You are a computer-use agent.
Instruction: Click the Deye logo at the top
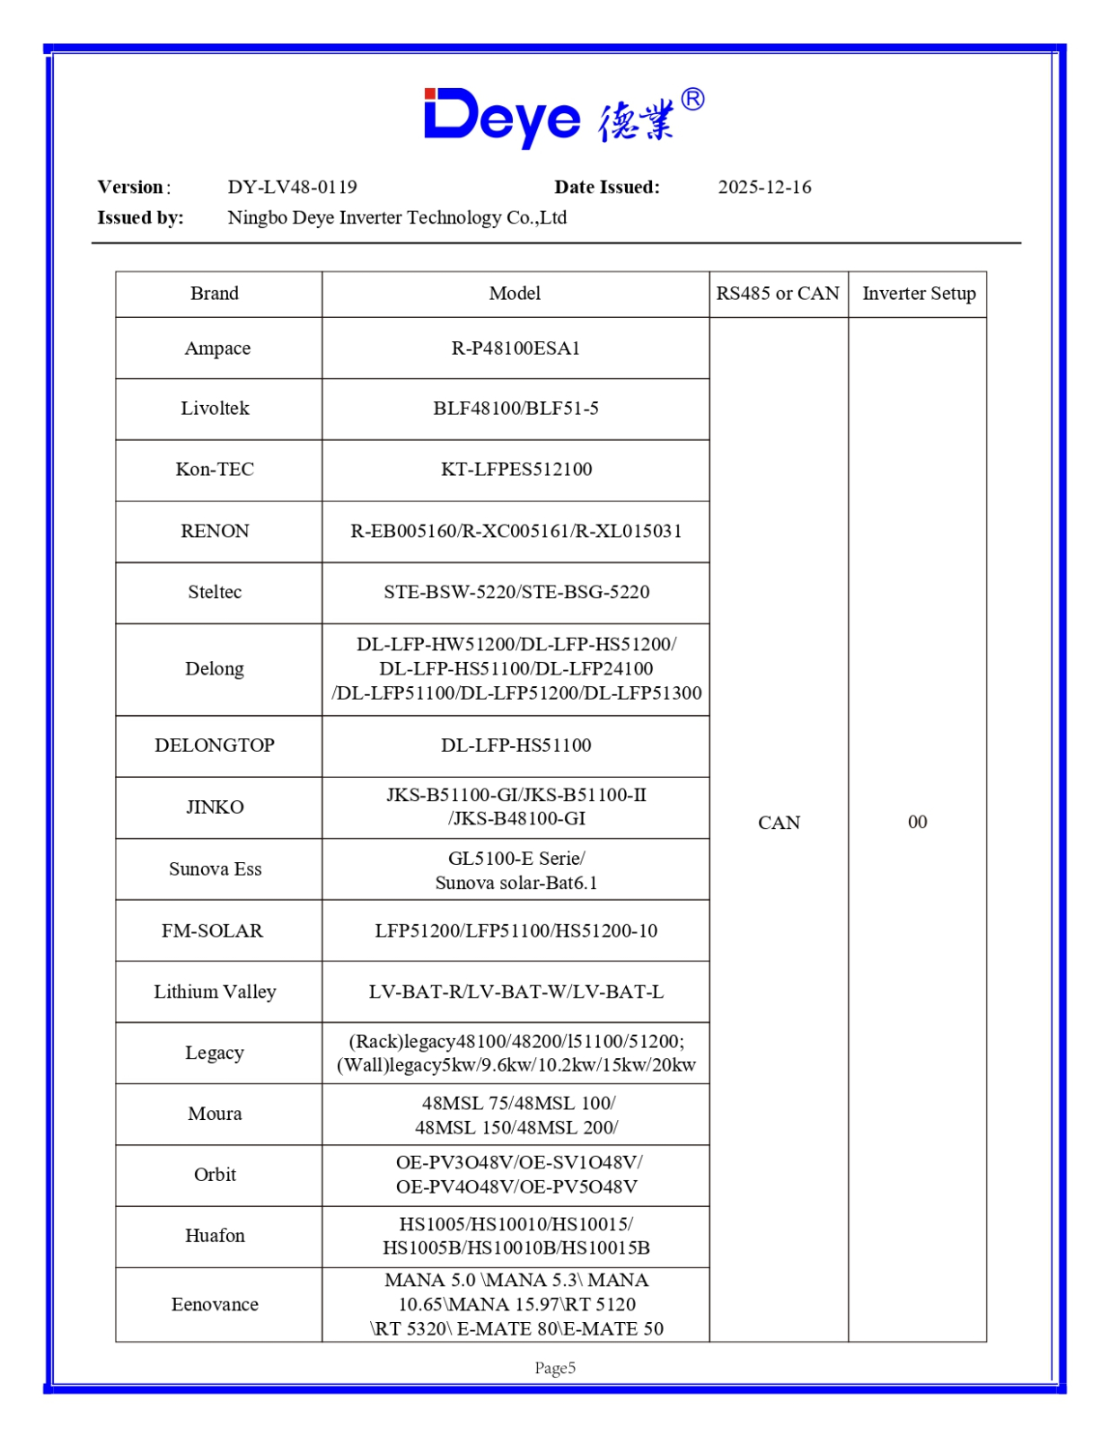pyautogui.click(x=563, y=117)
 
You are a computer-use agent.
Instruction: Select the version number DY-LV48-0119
pyautogui.click(x=292, y=187)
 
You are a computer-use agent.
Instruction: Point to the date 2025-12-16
pyautogui.click(x=764, y=187)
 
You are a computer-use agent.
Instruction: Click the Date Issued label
pyautogui.click(x=606, y=187)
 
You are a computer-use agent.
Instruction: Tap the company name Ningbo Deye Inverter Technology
pyautogui.click(x=397, y=217)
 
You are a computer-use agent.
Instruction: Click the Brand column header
pyautogui.click(x=215, y=294)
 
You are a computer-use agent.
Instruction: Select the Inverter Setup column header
pyautogui.click(x=918, y=294)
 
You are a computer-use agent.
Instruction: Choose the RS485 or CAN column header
pyautogui.click(x=778, y=294)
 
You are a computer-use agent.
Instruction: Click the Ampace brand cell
pyautogui.click(x=217, y=348)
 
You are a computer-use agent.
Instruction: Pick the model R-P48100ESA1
pyautogui.click(x=515, y=348)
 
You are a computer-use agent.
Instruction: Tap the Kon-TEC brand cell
pyautogui.click(x=215, y=469)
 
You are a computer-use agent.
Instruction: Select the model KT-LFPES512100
pyautogui.click(x=515, y=469)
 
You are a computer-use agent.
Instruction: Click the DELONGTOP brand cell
pyautogui.click(x=215, y=745)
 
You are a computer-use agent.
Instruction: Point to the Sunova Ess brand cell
pyautogui.click(x=215, y=869)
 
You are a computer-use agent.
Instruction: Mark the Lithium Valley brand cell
pyautogui.click(x=215, y=992)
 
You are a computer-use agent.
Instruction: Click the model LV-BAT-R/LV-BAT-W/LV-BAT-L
pyautogui.click(x=515, y=992)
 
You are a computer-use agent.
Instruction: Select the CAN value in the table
pyautogui.click(x=779, y=823)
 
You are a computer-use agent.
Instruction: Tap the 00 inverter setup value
pyautogui.click(x=917, y=823)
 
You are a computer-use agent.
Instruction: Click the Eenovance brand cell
pyautogui.click(x=215, y=1304)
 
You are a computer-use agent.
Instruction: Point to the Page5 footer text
pyautogui.click(x=555, y=1368)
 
